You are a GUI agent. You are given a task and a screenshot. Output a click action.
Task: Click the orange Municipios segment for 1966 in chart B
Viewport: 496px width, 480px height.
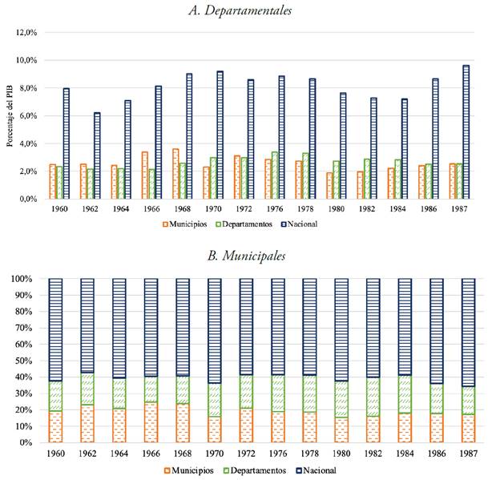[151, 422]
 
